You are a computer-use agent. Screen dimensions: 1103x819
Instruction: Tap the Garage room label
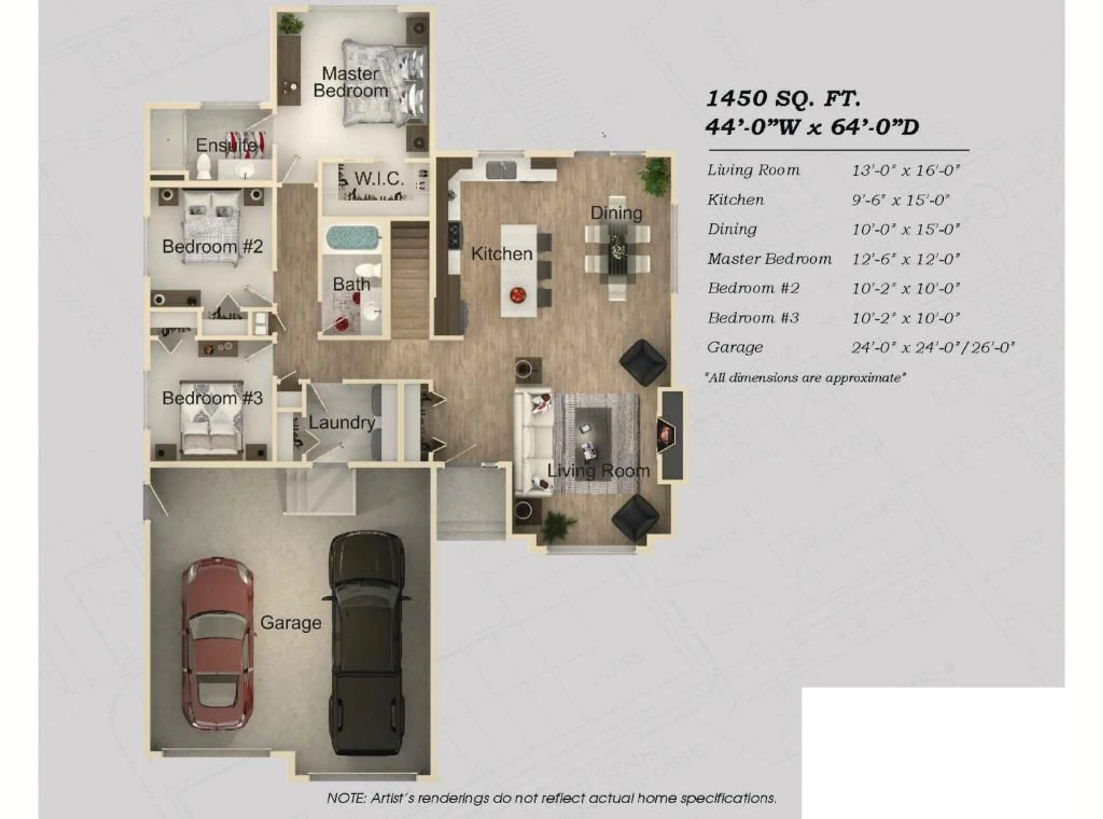291,623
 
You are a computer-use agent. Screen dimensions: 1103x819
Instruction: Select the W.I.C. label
379,178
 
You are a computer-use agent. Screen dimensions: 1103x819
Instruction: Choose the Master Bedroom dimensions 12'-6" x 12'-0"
906,259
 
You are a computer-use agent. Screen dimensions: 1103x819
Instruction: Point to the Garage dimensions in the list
933,347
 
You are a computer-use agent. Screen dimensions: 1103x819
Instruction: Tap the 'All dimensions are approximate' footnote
805,378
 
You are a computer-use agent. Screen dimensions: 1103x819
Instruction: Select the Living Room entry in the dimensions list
753,170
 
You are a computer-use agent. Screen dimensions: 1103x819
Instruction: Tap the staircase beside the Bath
410,280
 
